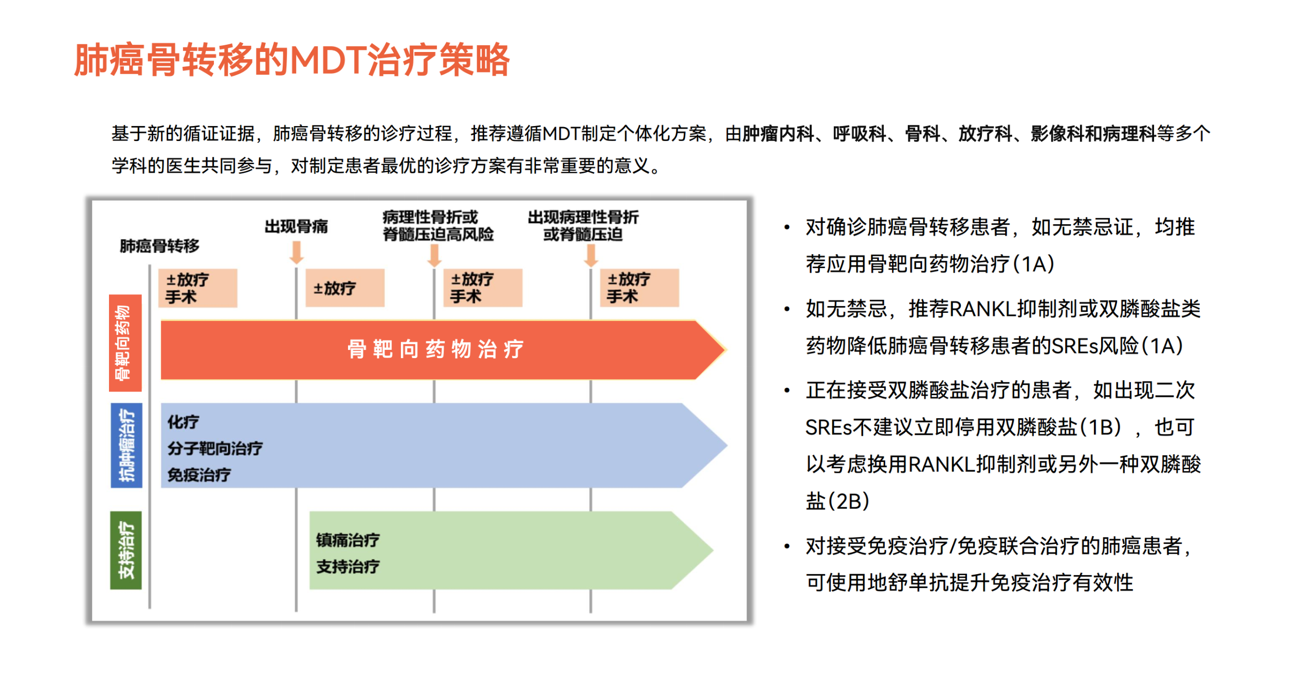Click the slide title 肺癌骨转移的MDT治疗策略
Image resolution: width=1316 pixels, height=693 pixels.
[291, 60]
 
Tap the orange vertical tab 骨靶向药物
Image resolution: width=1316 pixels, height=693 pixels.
[125, 342]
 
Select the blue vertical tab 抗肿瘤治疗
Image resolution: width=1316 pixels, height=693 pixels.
[126, 445]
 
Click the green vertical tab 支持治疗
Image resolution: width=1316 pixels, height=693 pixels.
[126, 550]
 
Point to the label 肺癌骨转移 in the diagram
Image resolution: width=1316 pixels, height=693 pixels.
[159, 245]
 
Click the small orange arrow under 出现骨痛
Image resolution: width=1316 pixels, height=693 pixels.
[296, 253]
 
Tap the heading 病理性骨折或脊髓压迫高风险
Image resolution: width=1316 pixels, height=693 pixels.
[438, 225]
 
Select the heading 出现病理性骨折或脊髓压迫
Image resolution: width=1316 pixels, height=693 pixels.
[583, 225]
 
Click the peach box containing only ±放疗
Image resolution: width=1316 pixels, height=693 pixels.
[345, 288]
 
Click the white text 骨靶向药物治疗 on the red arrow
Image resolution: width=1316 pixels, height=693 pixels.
[435, 349]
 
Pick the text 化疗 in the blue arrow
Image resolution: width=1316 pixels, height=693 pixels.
[183, 422]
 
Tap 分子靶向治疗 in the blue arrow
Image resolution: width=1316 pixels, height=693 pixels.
[215, 448]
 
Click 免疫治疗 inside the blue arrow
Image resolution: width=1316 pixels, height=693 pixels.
[199, 474]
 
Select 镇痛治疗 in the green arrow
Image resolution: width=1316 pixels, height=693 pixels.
[348, 540]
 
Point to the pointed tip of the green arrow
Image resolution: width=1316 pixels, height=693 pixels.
[713, 550]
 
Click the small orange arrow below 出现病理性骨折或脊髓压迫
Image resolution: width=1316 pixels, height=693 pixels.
[591, 255]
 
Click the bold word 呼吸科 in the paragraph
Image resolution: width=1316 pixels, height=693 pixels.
[860, 134]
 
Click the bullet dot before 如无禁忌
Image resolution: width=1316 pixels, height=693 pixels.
[787, 309]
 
